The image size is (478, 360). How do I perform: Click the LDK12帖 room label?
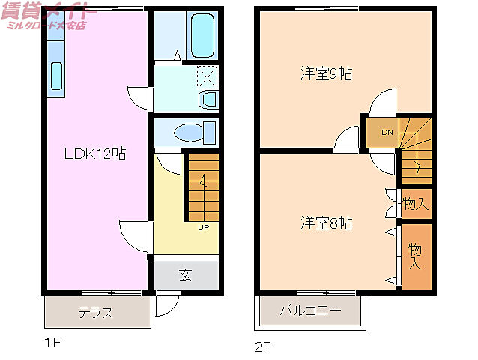click(x=94, y=154)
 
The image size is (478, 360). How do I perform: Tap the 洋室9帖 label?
click(x=327, y=73)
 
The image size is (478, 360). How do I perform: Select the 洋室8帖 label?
click(x=327, y=223)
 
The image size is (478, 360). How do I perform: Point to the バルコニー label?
click(x=310, y=310)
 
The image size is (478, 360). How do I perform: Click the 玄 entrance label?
click(x=185, y=274)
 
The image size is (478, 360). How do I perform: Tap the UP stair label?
click(x=203, y=228)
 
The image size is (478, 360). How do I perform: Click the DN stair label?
click(x=387, y=133)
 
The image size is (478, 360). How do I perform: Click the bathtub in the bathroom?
click(x=200, y=36)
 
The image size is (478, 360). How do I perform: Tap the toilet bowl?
click(x=191, y=133)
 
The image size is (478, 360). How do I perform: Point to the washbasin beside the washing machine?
click(x=208, y=98)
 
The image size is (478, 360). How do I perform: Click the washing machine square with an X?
click(x=207, y=75)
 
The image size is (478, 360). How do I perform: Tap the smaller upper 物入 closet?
click(x=415, y=202)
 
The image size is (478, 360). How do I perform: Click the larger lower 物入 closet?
click(x=415, y=256)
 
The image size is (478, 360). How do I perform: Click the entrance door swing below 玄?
click(x=166, y=304)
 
